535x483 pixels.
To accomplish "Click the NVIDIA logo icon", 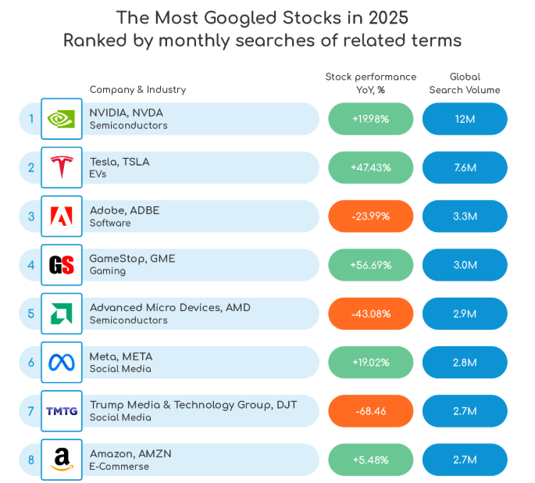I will point(61,119).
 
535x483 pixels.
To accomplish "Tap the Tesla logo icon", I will point(61,167).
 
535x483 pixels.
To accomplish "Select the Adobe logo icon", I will point(61,216).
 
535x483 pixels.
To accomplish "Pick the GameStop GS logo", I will point(61,265).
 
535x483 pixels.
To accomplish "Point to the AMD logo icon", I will point(61,313).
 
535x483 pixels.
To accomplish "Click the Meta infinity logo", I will point(61,362).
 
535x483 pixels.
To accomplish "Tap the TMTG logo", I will point(61,411).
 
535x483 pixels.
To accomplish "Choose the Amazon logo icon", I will point(61,460).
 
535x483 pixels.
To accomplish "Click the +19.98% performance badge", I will point(370,119).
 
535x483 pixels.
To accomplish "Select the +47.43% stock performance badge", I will point(370,167).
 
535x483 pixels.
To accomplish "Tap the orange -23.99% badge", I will point(370,216).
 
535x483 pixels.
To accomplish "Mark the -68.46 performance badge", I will point(370,411).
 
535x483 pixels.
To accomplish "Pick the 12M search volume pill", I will point(465,119).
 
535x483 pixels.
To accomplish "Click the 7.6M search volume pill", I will point(465,167).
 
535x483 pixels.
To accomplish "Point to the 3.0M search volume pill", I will point(465,265).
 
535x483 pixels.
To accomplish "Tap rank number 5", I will point(31,313).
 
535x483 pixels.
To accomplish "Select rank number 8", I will point(31,460).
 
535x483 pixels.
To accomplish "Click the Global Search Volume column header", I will point(465,83).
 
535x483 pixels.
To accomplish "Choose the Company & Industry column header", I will point(137,89).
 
